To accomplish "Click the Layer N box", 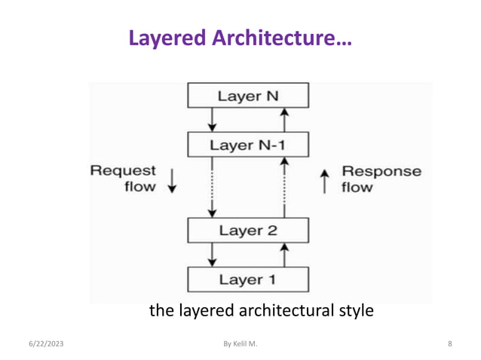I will pyautogui.click(x=247, y=96).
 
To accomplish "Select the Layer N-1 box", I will pyautogui.click(x=247, y=144).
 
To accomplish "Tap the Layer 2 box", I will pyautogui.click(x=247, y=230).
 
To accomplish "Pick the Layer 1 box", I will pyautogui.click(x=247, y=279).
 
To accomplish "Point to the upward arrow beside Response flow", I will pyautogui.click(x=325, y=181).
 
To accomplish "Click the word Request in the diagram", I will pyautogui.click(x=124, y=171).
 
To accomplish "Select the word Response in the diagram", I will pyautogui.click(x=381, y=171).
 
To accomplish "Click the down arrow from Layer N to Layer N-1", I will pyautogui.click(x=212, y=119).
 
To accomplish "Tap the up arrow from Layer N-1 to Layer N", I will pyautogui.click(x=284, y=119).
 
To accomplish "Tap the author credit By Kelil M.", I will pyautogui.click(x=240, y=344).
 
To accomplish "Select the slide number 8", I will pyautogui.click(x=449, y=344).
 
